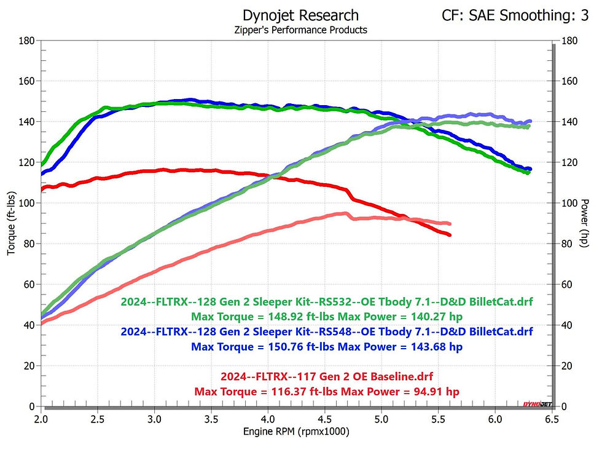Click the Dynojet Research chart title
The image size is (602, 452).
pos(300,15)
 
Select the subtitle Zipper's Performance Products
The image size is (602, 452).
pos(300,30)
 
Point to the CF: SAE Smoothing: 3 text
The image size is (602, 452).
pos(515,15)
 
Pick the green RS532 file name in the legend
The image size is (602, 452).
pos(327,302)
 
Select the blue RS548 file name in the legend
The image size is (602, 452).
pos(327,331)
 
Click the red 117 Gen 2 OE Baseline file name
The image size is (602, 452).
pos(327,376)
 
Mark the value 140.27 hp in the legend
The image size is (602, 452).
pos(428,317)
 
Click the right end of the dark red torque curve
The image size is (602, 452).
pos(450,235)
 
